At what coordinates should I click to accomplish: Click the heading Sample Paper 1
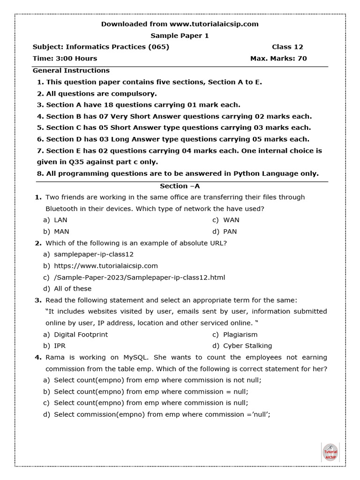coord(180,36)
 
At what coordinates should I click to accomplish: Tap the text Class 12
coord(287,47)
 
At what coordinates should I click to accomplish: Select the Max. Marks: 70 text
coord(278,59)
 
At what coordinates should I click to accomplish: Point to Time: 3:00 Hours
coord(65,59)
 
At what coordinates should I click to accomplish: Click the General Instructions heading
coord(71,70)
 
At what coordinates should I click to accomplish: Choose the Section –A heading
coord(180,186)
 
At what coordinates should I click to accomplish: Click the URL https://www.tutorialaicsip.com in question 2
coord(106,266)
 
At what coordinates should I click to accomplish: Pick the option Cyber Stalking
coord(247,346)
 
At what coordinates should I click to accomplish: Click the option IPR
coord(60,346)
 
